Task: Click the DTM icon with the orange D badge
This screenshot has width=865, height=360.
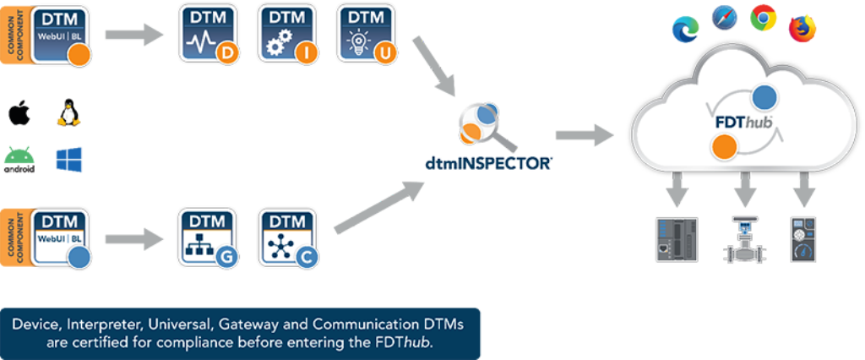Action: pos(208,34)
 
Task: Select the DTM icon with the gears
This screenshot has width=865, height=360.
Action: pos(287,34)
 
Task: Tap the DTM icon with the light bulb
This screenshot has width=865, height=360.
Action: pos(367,34)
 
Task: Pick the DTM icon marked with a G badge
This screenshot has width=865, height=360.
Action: pos(208,237)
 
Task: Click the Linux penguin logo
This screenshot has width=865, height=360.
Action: pos(67,114)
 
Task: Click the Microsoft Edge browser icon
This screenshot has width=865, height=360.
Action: pos(684,30)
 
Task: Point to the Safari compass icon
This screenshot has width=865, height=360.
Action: pos(725,17)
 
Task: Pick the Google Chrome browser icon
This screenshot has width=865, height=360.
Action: pos(764,18)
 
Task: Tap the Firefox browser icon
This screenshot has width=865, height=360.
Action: pos(802,28)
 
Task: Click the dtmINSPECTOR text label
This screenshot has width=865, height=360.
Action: pos(487,163)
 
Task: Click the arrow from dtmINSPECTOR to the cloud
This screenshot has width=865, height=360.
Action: pos(584,134)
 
